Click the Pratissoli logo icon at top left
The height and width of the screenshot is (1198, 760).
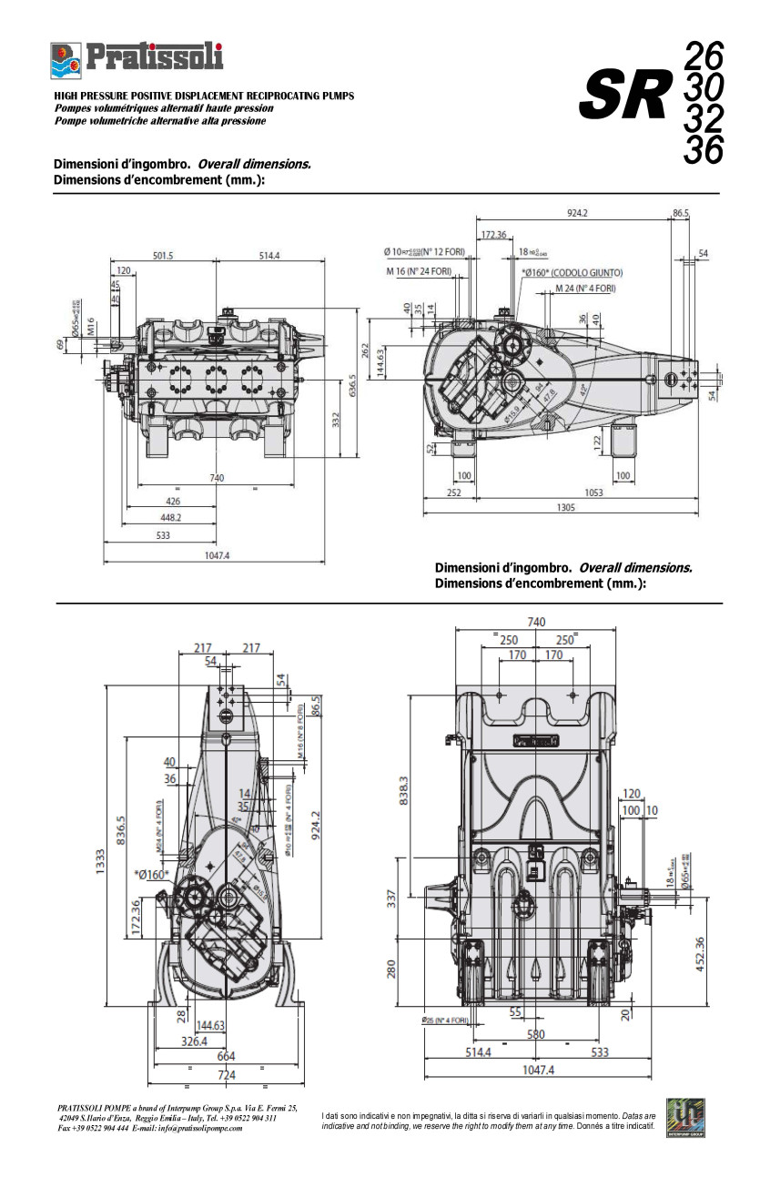pyautogui.click(x=66, y=60)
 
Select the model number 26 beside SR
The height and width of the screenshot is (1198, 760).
pyautogui.click(x=703, y=56)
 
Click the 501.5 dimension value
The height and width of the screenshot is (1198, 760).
pyautogui.click(x=163, y=256)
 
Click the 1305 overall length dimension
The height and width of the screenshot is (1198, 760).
pyautogui.click(x=565, y=508)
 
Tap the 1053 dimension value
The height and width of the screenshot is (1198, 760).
pyautogui.click(x=593, y=492)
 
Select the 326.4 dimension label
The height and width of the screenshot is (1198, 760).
pyautogui.click(x=193, y=1041)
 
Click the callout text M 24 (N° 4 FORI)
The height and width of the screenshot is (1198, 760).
pyautogui.click(x=585, y=289)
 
